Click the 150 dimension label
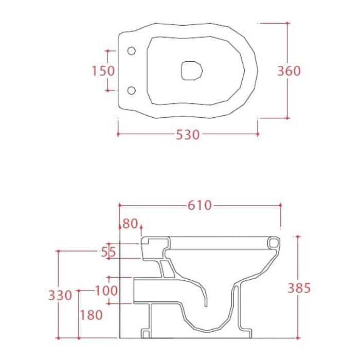click(x=103, y=70)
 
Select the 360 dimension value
click(x=289, y=71)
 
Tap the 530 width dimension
click(x=188, y=135)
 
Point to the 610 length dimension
click(x=200, y=205)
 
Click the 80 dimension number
click(x=130, y=224)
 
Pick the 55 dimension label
click(x=109, y=253)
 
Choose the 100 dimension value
click(x=106, y=291)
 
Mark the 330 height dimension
click(x=60, y=295)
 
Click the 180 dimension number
click(x=91, y=315)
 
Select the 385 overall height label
click(x=299, y=288)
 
